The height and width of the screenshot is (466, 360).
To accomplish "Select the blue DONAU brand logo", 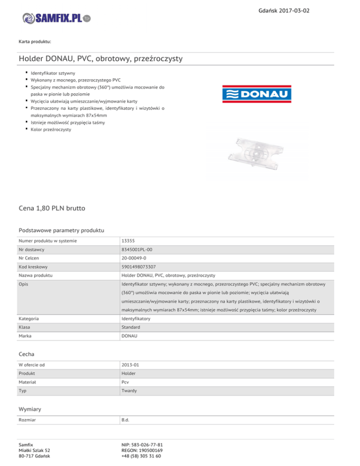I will coord(256,94).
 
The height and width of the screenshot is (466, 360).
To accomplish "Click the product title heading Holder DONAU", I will coord(100,59).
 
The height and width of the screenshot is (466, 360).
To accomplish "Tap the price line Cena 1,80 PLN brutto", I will coord(52,207).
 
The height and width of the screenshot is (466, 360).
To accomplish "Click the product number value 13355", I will coord(128,241).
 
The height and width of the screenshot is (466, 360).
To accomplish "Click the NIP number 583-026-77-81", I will coord(142,443).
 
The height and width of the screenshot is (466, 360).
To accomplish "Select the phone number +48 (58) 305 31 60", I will coord(141,457).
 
